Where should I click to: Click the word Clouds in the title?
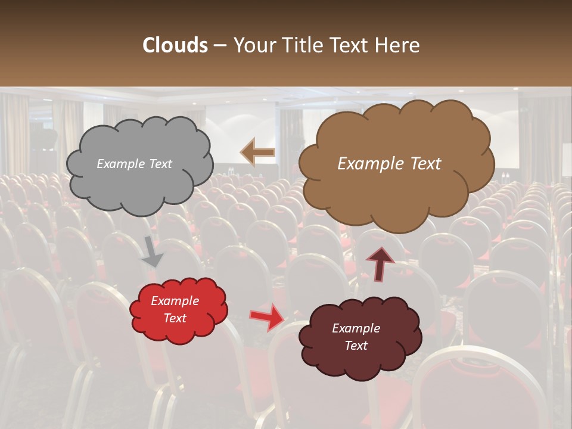175,45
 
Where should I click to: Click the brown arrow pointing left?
257,153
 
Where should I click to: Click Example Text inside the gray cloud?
134,164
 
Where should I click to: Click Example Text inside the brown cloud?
389,164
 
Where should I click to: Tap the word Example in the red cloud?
175,301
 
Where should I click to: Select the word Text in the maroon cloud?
356,346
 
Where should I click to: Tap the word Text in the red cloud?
175,318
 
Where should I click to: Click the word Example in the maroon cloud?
356,328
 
